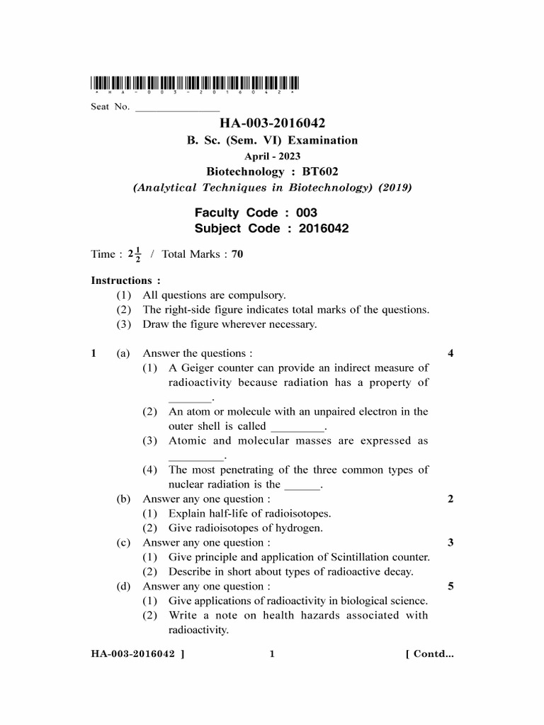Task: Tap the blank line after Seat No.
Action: point(177,110)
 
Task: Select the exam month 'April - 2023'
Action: point(273,156)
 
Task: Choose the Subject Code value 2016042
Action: point(324,229)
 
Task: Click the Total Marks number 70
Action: point(237,254)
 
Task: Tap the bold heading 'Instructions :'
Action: point(125,280)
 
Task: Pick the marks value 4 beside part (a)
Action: point(450,353)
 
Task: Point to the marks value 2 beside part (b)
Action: point(450,499)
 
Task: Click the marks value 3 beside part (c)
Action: point(450,543)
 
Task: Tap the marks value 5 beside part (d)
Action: point(450,586)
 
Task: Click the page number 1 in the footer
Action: point(271,654)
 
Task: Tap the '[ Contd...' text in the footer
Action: point(429,654)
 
